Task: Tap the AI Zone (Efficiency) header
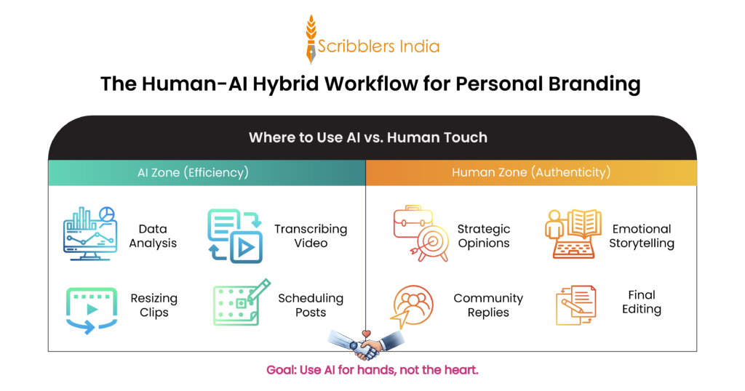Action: [193, 173]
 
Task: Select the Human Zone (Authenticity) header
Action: [531, 173]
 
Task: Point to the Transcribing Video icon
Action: [234, 235]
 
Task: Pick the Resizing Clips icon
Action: [92, 309]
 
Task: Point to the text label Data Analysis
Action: [153, 235]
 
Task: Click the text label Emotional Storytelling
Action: [642, 235]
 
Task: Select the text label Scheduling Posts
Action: [311, 305]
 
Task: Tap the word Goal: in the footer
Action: [281, 370]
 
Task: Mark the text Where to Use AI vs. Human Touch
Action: [367, 137]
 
